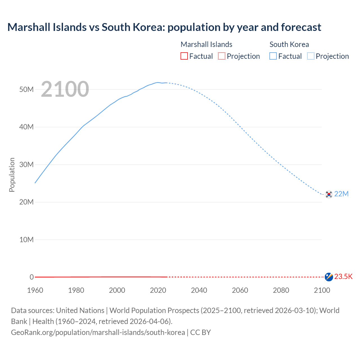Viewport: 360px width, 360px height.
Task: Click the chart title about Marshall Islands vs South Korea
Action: [164, 27]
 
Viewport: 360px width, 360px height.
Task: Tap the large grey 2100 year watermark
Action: [65, 89]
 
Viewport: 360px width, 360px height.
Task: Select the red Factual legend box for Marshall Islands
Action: [184, 56]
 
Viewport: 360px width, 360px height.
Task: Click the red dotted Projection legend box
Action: [222, 56]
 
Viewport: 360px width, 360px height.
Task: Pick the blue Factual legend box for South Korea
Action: [273, 56]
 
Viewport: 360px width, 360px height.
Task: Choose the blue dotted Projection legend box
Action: [311, 56]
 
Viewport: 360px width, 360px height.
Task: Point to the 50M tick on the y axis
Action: [26, 89]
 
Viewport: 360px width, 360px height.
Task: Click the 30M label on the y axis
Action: [26, 165]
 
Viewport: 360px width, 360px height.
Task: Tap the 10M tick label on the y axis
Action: [26, 240]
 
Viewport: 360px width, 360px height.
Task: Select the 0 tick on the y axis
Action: [31, 277]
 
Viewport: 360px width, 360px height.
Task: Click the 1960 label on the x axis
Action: [35, 290]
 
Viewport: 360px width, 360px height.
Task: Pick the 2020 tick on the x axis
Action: [158, 290]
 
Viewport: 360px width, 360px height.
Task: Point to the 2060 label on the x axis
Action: [240, 290]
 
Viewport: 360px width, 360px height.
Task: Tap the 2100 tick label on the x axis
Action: [322, 290]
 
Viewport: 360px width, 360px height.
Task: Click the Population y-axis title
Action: [12, 175]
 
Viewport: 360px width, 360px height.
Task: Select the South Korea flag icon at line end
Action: [329, 194]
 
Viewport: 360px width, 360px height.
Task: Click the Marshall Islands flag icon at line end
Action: [329, 277]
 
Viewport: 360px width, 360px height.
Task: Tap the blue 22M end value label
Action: [341, 194]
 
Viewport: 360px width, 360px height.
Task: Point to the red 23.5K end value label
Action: [343, 276]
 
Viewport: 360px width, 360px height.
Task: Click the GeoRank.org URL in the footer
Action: [98, 332]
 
